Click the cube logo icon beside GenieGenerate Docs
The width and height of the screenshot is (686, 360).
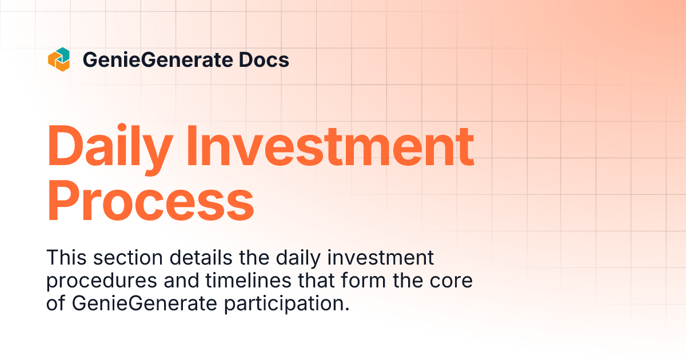(x=58, y=59)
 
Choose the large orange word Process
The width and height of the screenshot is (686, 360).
(x=150, y=202)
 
